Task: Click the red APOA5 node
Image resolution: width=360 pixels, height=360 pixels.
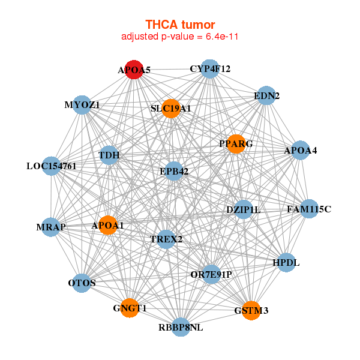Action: (x=133, y=70)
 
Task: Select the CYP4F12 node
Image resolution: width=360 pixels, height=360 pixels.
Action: (x=209, y=69)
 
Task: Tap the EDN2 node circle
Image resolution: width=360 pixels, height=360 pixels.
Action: (x=265, y=96)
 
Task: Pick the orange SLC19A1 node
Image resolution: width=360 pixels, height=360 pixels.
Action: (x=171, y=109)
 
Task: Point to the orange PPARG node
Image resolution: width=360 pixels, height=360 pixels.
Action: (x=236, y=144)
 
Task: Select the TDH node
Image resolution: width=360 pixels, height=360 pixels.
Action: (x=109, y=155)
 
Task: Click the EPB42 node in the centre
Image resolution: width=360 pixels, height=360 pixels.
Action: (x=174, y=172)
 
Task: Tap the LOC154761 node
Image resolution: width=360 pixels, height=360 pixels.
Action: (x=52, y=166)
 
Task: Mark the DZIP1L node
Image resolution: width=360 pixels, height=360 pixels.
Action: (x=243, y=209)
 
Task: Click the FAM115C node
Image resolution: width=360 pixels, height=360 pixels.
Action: (x=309, y=209)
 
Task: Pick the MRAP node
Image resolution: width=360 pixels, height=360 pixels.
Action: (x=51, y=227)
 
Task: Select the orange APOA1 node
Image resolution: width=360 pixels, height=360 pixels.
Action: (x=108, y=226)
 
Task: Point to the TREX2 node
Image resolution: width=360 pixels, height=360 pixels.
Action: (x=166, y=239)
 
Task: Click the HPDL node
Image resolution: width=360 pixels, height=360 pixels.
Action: (x=285, y=262)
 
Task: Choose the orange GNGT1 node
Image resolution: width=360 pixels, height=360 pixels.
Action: (x=130, y=308)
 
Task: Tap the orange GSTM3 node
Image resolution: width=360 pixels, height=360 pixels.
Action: (x=251, y=310)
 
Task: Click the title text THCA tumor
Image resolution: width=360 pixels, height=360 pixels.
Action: (x=180, y=25)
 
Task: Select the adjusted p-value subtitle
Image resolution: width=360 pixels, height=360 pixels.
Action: (x=180, y=37)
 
